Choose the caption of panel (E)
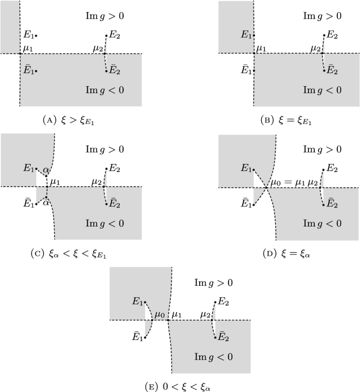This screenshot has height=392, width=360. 180,387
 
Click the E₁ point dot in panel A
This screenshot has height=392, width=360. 36,36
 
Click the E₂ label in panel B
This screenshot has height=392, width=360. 332,35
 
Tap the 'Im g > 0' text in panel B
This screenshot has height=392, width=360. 322,16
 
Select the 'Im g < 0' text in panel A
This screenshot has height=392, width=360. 105,90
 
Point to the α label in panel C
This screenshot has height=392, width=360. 47,169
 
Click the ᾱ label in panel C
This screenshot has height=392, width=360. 46,202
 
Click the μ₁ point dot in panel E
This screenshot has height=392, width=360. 168,320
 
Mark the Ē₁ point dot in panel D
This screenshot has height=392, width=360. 253,205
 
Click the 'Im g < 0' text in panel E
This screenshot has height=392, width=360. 213,357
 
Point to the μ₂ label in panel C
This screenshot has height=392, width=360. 97,181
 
